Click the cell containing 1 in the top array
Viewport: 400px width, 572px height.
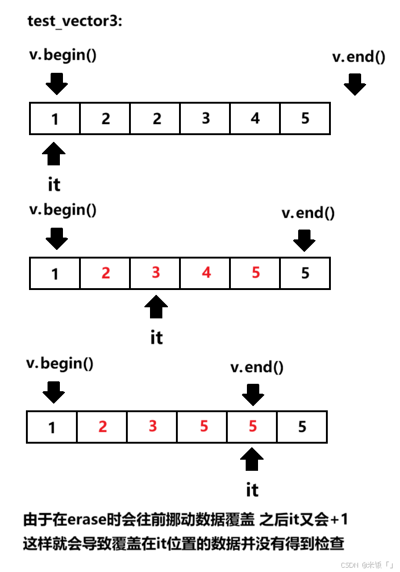tap(55, 118)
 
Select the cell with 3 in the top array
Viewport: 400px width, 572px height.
tap(206, 118)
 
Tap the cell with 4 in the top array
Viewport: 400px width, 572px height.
tap(256, 118)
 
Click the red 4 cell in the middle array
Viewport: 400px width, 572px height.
tap(206, 273)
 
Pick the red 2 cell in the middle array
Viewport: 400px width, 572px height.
tap(106, 273)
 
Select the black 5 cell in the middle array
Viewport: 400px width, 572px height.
tap(306, 273)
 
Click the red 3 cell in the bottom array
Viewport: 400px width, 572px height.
tap(152, 426)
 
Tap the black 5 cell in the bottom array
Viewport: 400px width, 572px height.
tap(302, 426)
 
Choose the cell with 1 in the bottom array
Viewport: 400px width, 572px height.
tap(52, 426)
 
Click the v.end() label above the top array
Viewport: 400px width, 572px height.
tap(359, 57)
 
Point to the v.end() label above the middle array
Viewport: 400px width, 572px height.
tap(308, 213)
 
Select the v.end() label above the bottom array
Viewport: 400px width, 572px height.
tap(257, 368)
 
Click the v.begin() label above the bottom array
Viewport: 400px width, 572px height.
tap(60, 363)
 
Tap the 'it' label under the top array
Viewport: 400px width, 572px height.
tap(54, 184)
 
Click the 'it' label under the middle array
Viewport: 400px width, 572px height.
tap(157, 338)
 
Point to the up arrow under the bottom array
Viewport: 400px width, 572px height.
tap(252, 460)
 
